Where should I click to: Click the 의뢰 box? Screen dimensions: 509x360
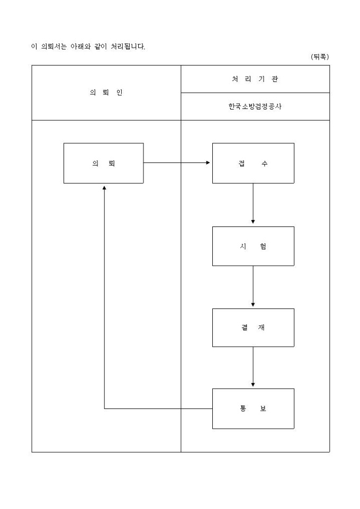[103, 163]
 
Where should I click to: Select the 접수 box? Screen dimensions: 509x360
[253, 163]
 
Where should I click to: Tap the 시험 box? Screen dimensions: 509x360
[253, 246]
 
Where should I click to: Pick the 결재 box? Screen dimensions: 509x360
[253, 328]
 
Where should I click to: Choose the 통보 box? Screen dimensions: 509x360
[253, 408]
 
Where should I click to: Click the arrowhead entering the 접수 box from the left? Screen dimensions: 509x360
[208, 163]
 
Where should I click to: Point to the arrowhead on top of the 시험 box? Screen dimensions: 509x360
[253, 222]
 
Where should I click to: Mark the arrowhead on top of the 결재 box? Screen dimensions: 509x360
[253, 304]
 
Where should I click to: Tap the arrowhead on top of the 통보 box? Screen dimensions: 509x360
[253, 384]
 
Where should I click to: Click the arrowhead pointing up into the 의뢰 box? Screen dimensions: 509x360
[104, 188]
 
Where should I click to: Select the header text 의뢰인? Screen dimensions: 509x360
[106, 93]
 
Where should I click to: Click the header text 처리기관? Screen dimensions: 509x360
[255, 79]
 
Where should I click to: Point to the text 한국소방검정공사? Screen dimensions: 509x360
[255, 106]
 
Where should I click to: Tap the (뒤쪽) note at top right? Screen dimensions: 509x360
[320, 57]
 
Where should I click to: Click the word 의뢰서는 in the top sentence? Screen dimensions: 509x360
[52, 47]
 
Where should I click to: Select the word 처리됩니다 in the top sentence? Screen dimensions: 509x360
[128, 47]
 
